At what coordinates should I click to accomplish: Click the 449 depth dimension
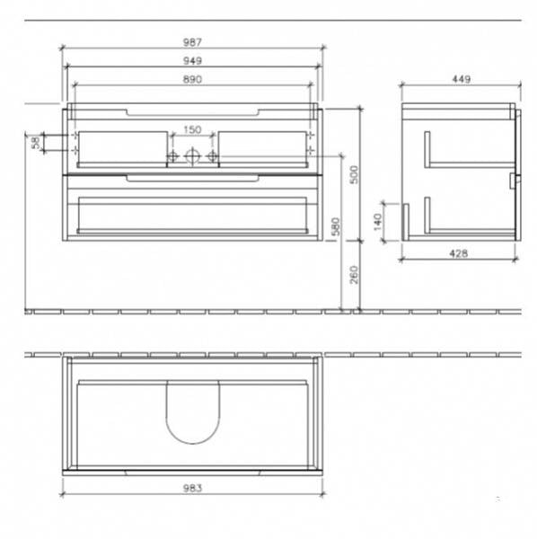(x=460, y=80)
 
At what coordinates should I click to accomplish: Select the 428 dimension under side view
(x=458, y=253)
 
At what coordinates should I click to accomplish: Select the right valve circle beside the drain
(x=213, y=156)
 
